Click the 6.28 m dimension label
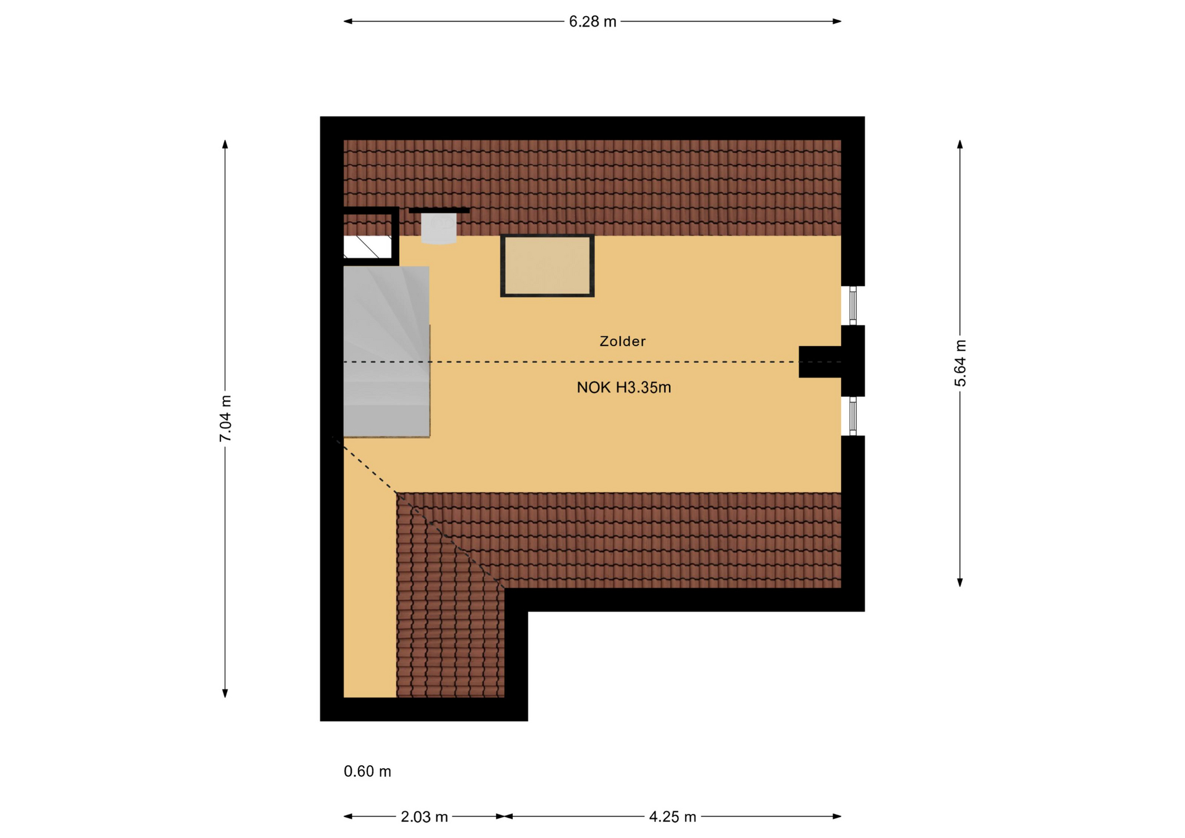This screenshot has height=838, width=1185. (592, 22)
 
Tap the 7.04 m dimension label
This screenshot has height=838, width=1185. (225, 418)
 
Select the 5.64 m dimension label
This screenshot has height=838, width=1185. (960, 363)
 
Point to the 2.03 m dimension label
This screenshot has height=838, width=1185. (424, 817)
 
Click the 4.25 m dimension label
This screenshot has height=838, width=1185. (673, 817)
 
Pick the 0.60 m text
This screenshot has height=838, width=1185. (367, 771)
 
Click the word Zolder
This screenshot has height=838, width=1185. (623, 341)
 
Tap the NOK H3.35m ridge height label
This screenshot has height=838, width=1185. (624, 388)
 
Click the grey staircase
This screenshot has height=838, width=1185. (386, 352)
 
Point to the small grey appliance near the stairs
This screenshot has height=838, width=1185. (439, 228)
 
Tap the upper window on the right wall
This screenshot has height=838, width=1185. (852, 305)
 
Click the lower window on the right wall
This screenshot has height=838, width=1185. (852, 416)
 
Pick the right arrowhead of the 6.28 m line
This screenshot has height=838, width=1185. (837, 22)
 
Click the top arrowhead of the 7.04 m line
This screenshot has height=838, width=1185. (225, 144)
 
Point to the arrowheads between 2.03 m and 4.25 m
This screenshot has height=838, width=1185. (505, 816)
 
